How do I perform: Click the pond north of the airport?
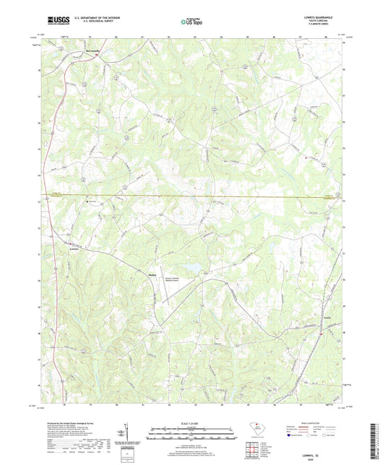pos(194,269)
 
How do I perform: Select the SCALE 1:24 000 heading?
pos(192,422)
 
